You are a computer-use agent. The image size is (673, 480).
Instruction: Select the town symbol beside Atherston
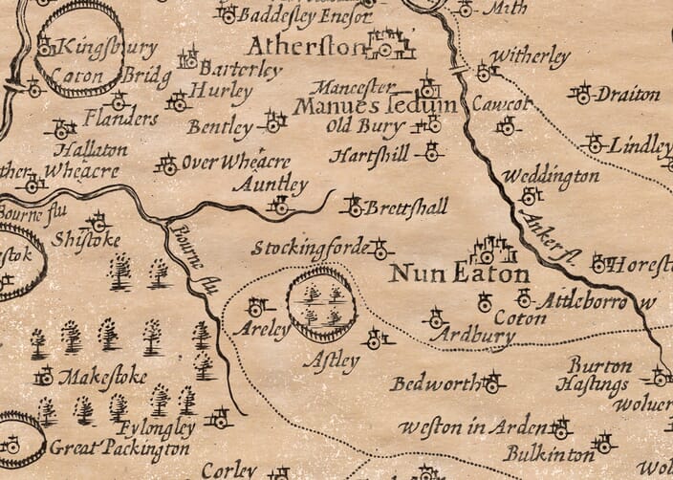pyautogui.click(x=391, y=43)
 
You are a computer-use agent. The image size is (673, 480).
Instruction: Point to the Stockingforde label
pyautogui.click(x=309, y=249)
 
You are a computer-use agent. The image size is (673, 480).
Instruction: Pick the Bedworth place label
pyautogui.click(x=434, y=384)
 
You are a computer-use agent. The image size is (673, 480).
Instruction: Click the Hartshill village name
pyautogui.click(x=369, y=154)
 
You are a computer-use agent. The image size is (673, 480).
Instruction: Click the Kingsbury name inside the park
pyautogui.click(x=93, y=46)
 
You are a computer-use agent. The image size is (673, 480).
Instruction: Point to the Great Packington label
pyautogui.click(x=106, y=447)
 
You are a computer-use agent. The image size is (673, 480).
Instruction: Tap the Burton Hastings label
pyautogui.click(x=598, y=376)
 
